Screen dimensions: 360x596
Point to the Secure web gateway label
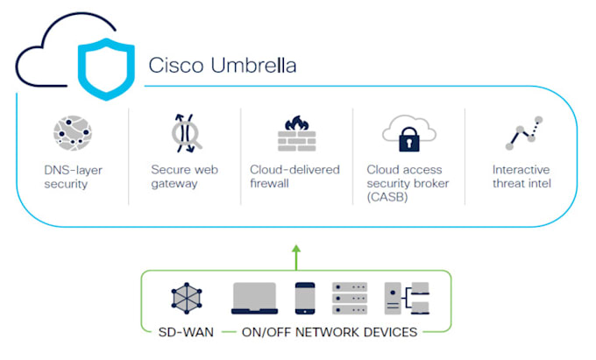pos(185,176)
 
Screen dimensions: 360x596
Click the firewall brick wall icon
pos(296,133)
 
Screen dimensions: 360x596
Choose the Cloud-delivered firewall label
pos(295,176)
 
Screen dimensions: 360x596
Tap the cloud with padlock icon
pos(408,133)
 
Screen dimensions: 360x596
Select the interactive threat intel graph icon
pos(524,132)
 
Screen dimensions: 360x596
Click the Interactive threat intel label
pos(521,176)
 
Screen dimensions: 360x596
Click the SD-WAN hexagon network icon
pos(187,299)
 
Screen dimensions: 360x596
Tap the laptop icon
pos(253,299)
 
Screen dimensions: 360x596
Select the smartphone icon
pos(305,299)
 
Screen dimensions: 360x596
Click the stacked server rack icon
pos(351,299)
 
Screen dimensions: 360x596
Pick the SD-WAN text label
pos(181,332)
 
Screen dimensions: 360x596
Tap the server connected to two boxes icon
pos(407,299)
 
